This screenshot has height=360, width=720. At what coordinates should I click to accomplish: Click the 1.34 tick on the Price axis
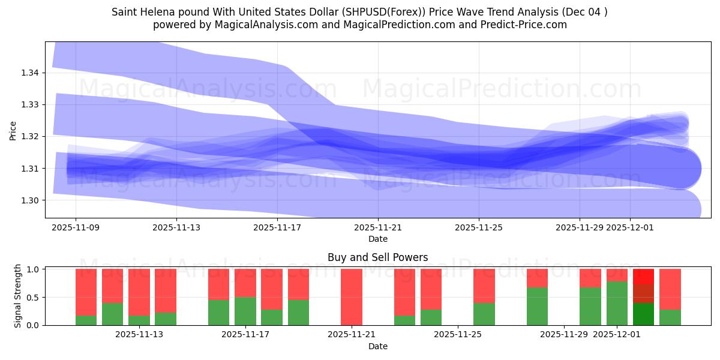click(29, 73)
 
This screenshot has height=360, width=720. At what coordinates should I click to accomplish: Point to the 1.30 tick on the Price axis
click(29, 200)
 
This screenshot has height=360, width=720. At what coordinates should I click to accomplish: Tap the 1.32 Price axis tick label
click(29, 136)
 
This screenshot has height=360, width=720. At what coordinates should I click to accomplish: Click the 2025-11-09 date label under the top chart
click(76, 227)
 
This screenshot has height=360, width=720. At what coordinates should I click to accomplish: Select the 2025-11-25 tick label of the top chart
click(479, 227)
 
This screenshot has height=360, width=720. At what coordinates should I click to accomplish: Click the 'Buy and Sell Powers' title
click(377, 257)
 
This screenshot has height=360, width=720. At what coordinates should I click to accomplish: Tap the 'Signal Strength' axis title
click(18, 296)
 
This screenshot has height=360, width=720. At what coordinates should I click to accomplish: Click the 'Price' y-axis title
click(13, 131)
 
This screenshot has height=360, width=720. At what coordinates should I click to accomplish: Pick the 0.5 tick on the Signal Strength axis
click(34, 298)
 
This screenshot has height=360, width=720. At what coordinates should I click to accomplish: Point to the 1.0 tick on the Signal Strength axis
click(34, 269)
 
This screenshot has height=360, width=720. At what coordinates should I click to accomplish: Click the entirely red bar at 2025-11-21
click(352, 297)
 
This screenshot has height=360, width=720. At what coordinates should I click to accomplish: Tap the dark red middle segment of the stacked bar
click(643, 293)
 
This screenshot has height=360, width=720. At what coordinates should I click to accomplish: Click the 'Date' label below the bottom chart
click(377, 346)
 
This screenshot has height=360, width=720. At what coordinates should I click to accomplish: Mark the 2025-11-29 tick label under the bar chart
click(563, 335)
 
